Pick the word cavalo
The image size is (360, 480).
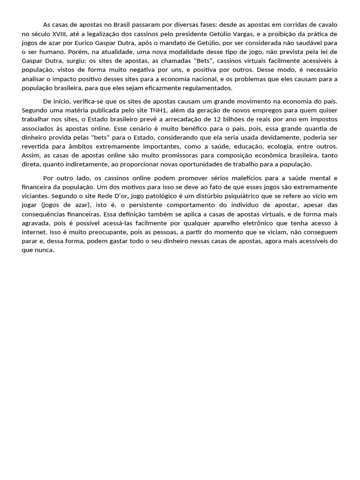click(327, 25)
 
